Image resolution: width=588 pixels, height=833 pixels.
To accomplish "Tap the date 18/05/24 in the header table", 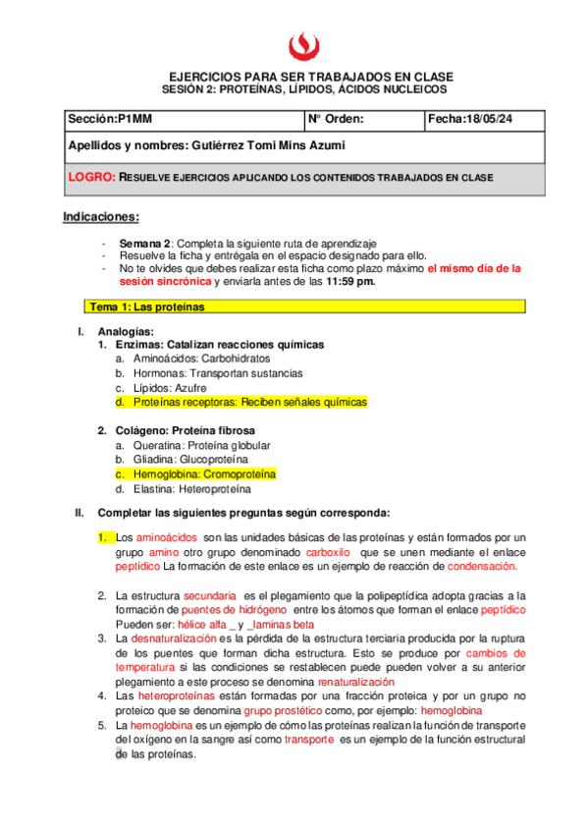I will click(x=498, y=120).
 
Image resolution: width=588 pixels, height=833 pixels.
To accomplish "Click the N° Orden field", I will click(x=337, y=120).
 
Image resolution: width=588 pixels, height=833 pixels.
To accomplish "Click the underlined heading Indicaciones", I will click(x=101, y=216).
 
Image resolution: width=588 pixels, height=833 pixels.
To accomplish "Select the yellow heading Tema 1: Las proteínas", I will click(x=147, y=306).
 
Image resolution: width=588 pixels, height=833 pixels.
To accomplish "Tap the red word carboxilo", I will click(x=325, y=552).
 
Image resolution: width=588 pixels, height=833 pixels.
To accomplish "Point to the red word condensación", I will click(x=479, y=567).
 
